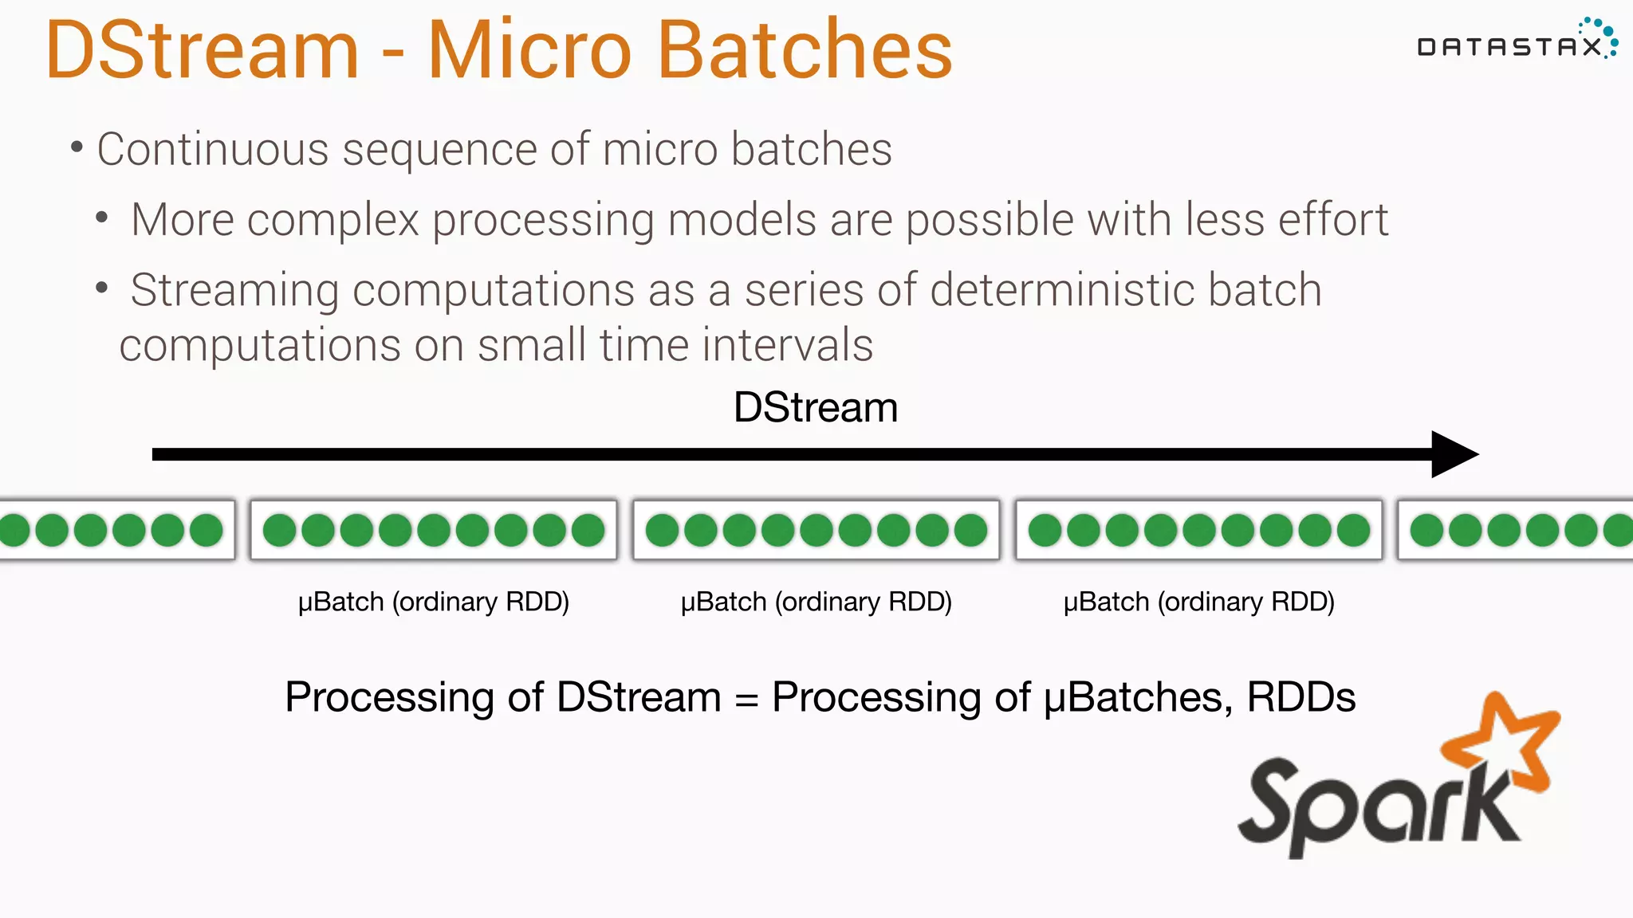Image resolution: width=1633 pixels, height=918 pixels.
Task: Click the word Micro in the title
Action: pyautogui.click(x=529, y=51)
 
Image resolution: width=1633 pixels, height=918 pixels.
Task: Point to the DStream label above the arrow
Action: pyautogui.click(x=815, y=408)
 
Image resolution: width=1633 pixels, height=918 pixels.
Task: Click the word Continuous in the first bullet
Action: pyautogui.click(x=213, y=150)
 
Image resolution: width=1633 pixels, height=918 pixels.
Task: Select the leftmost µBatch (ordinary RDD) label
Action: pyautogui.click(x=433, y=602)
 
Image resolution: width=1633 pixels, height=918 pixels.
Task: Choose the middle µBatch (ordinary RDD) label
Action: pyautogui.click(x=816, y=602)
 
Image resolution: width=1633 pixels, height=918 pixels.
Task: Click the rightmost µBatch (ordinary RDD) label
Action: pyautogui.click(x=1198, y=602)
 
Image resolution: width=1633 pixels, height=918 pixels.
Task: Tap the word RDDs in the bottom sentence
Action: pyautogui.click(x=1300, y=698)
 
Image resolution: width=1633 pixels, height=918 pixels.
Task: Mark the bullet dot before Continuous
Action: pyautogui.click(x=77, y=147)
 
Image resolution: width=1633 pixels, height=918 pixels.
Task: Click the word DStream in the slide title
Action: pyautogui.click(x=203, y=51)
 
